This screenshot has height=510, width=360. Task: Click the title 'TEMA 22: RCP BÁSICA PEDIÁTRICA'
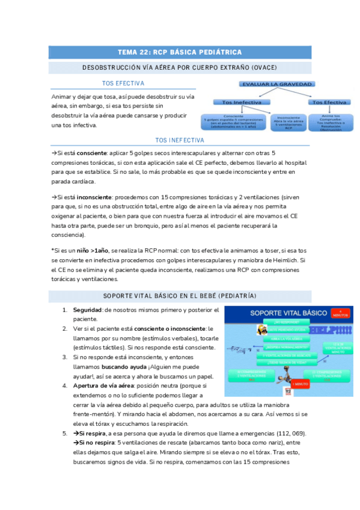[180, 52]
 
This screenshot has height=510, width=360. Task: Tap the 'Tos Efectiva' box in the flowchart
[326, 102]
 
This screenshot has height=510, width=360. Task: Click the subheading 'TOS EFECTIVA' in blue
[123, 84]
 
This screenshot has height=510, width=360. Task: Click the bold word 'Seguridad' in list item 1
[87, 310]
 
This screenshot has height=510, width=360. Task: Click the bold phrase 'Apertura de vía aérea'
[102, 385]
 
